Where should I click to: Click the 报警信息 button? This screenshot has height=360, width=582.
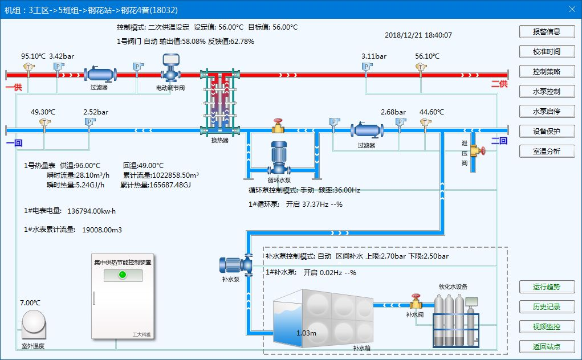coord(546,31)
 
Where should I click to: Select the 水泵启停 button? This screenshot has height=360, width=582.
coord(546,111)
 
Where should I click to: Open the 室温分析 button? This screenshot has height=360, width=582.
coord(546,151)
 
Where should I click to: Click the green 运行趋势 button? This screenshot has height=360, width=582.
coord(546,287)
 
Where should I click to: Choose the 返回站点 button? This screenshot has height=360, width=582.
coord(546,346)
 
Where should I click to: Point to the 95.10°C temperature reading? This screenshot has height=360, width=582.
coord(33,56)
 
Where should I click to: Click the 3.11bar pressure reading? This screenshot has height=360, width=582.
coord(374,56)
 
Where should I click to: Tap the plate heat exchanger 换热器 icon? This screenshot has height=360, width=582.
coord(219,103)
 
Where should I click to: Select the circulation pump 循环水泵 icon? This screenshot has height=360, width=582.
coord(278,157)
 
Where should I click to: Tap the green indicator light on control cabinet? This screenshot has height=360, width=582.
coord(121,275)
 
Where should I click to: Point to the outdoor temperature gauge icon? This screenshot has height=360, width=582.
coord(33,322)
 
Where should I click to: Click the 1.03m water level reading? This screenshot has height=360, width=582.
coord(306,332)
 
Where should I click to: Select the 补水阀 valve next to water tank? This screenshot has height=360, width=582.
coord(416,302)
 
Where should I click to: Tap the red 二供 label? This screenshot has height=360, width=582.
coord(499,84)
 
